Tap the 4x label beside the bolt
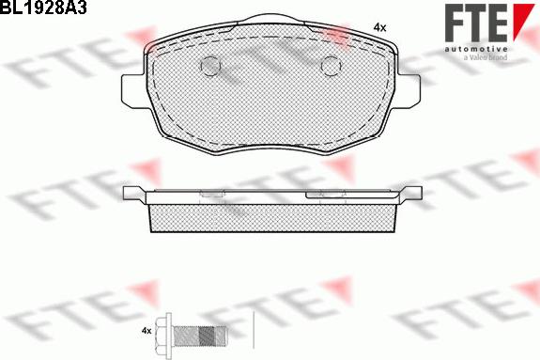tap(146, 332)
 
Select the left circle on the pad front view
tap(211, 66)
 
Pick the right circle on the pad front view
tap(331, 66)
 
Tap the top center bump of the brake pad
tap(271, 24)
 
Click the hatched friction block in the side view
tap(271, 217)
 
